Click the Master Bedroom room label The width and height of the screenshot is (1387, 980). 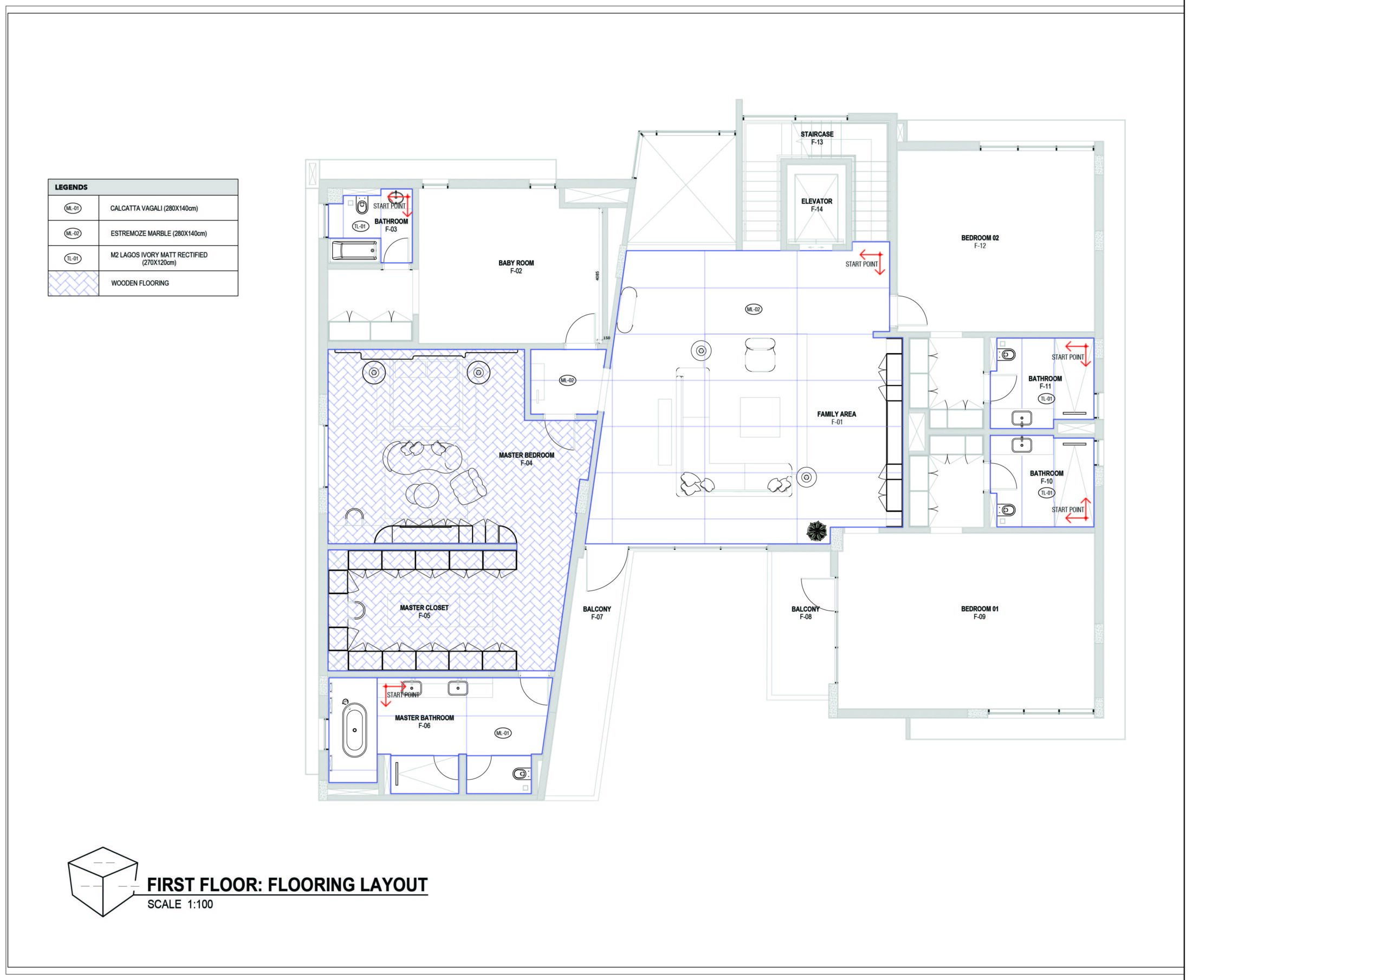pos(526,459)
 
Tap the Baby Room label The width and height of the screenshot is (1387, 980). pos(516,267)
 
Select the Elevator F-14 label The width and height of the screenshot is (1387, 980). pos(816,205)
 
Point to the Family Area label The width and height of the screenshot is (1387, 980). pos(837,418)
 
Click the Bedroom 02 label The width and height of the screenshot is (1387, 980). pos(980,242)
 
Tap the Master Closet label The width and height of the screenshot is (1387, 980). pos(424,612)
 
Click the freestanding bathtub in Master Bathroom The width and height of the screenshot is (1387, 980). pos(354,732)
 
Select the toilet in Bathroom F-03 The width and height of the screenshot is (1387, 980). pos(362,206)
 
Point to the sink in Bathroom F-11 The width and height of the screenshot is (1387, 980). pos(1021,418)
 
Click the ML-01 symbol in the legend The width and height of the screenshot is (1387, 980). pos(73,209)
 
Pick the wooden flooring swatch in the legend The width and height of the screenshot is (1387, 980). pos(74,283)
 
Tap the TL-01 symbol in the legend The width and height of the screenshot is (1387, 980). pos(73,258)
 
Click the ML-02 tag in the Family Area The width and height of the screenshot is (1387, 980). pos(753,309)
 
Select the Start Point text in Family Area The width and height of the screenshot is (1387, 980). pos(861,264)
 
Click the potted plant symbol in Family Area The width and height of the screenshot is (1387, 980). pos(818,530)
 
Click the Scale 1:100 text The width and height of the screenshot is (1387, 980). pos(180,905)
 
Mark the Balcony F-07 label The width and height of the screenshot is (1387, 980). pos(597,613)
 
